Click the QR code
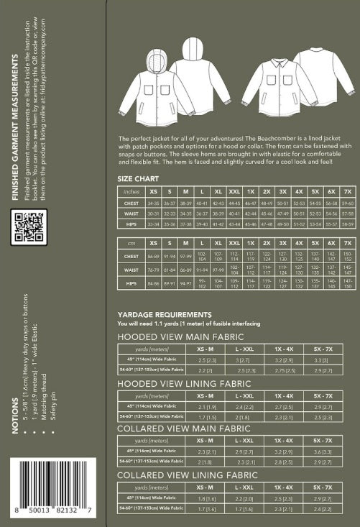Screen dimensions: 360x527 pos(30,228)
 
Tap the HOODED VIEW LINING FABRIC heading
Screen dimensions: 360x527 pos(183,383)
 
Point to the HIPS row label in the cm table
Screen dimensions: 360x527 pos(131,284)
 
